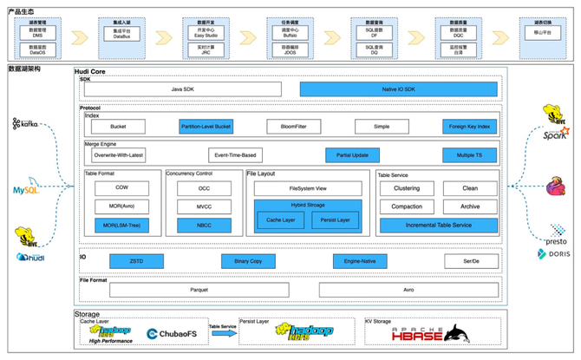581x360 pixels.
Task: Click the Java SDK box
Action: [x=182, y=88]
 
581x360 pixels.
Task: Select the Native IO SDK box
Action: [x=399, y=88]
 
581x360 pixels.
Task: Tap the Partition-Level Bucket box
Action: [x=206, y=127]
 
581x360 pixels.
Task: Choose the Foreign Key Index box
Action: [x=471, y=127]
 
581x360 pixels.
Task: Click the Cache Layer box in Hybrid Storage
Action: [x=279, y=220]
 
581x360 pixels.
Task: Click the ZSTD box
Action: [x=136, y=261]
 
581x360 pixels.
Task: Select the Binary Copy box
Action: [x=247, y=261]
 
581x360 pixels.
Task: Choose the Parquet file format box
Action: [x=199, y=291]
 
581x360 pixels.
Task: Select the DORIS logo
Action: [x=556, y=253]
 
